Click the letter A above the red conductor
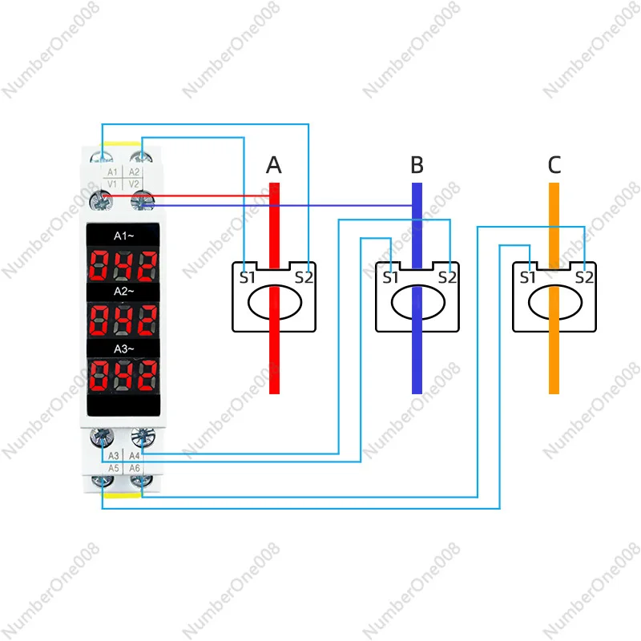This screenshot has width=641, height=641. (x=274, y=165)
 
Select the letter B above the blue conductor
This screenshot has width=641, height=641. (x=417, y=165)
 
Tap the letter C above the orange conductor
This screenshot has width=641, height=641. (x=554, y=165)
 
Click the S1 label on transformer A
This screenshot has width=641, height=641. (x=247, y=278)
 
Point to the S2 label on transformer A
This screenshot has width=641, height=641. (x=304, y=278)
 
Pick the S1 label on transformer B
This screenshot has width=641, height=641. (x=391, y=278)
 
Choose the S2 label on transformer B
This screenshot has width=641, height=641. (x=448, y=278)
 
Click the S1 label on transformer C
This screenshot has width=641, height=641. (x=527, y=278)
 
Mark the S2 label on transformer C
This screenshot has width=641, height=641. (x=584, y=278)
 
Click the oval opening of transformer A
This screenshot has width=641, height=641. (x=274, y=304)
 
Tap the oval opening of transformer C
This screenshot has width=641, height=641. (x=554, y=304)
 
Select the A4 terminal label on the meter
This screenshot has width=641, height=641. (x=134, y=456)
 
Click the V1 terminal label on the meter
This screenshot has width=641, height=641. (x=111, y=183)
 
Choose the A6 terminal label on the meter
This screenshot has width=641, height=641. (x=134, y=467)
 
